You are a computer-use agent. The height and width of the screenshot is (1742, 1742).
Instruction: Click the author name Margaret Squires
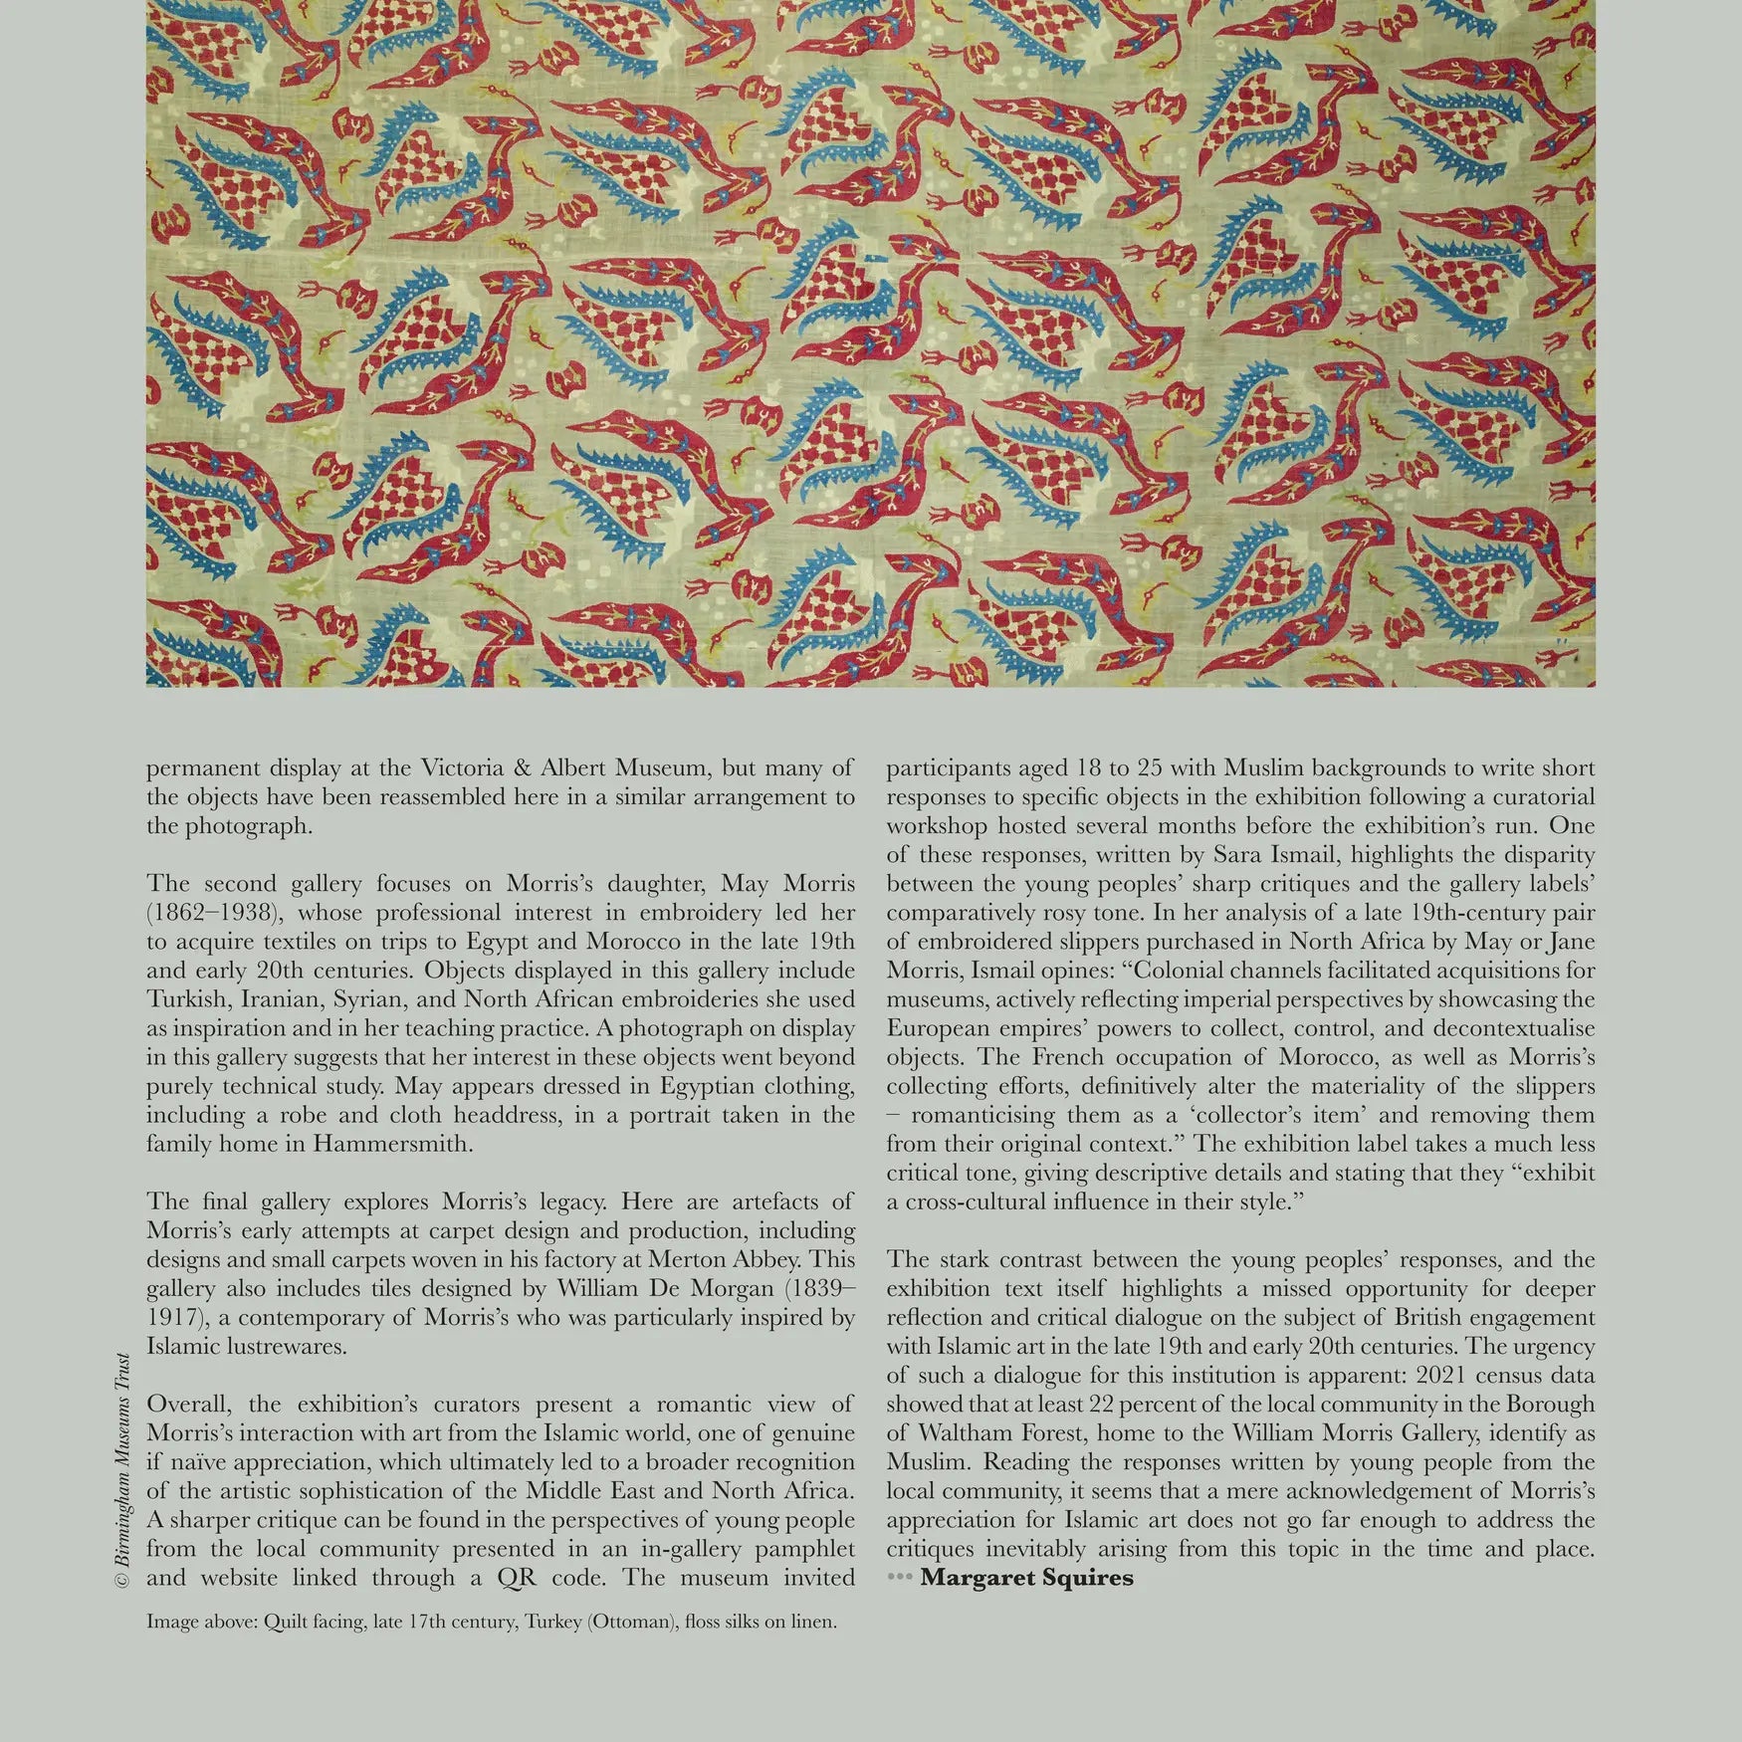[x=1026, y=1578]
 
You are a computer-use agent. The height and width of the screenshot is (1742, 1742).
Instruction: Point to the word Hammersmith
[x=392, y=1144]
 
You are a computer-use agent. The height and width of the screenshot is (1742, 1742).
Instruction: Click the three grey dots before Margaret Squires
[x=899, y=1578]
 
